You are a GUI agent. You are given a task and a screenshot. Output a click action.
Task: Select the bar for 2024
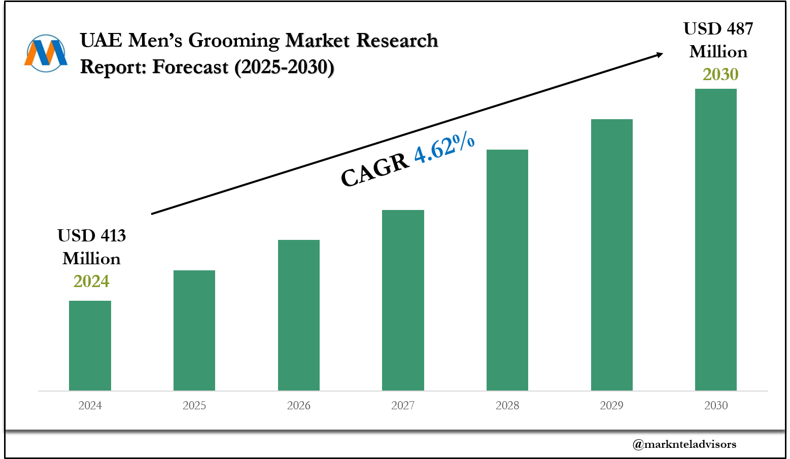pos(90,345)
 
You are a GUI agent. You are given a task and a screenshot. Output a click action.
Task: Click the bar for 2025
pos(194,330)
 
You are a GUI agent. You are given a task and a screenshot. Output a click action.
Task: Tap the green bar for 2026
pos(299,315)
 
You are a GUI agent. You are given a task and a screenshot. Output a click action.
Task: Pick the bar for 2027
pos(403,300)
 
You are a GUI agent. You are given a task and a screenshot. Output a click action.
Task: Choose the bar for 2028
pos(507,270)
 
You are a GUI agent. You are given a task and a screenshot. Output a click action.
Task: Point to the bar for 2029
pos(612,255)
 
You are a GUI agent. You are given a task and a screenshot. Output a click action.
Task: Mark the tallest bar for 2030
pos(716,239)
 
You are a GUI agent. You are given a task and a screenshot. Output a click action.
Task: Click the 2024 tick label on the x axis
pos(90,405)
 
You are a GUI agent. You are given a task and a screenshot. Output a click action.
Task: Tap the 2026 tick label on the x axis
pos(299,405)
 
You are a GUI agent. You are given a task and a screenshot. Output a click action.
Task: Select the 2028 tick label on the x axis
pos(507,405)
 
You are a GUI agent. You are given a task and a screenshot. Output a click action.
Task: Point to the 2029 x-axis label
pos(612,405)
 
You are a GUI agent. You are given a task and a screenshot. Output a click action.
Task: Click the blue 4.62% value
pos(444,148)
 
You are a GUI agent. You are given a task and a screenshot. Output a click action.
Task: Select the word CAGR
pos(375,170)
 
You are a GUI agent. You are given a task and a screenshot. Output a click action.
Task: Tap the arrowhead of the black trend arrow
pos(659,54)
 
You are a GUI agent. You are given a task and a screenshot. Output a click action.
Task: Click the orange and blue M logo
pos(46,53)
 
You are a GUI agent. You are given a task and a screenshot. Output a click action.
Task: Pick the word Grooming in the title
pos(234,40)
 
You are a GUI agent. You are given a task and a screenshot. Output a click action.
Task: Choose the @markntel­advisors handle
pos(684,444)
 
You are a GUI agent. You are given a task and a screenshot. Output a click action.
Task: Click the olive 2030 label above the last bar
pos(720,75)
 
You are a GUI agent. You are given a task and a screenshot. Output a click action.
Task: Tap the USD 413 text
pos(91,235)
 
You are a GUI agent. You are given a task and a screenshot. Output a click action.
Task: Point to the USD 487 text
pos(718,28)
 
